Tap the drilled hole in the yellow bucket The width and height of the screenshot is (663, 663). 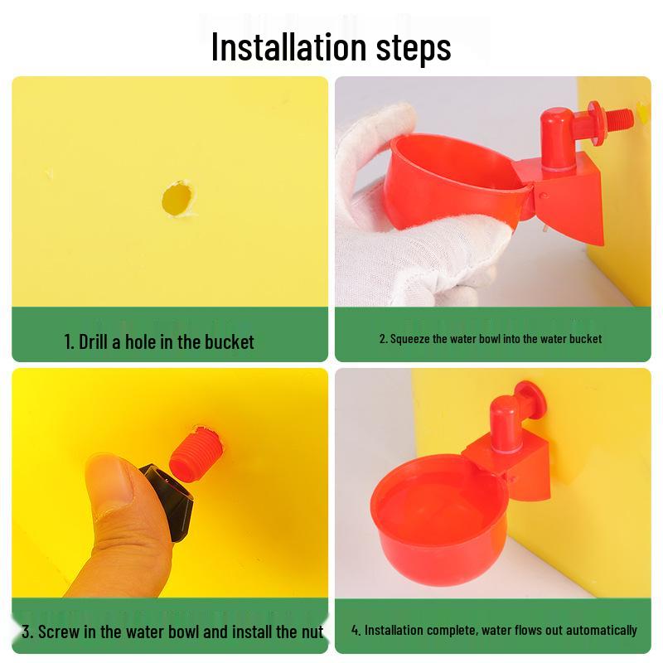[177, 199]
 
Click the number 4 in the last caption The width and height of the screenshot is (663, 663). [355, 631]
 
